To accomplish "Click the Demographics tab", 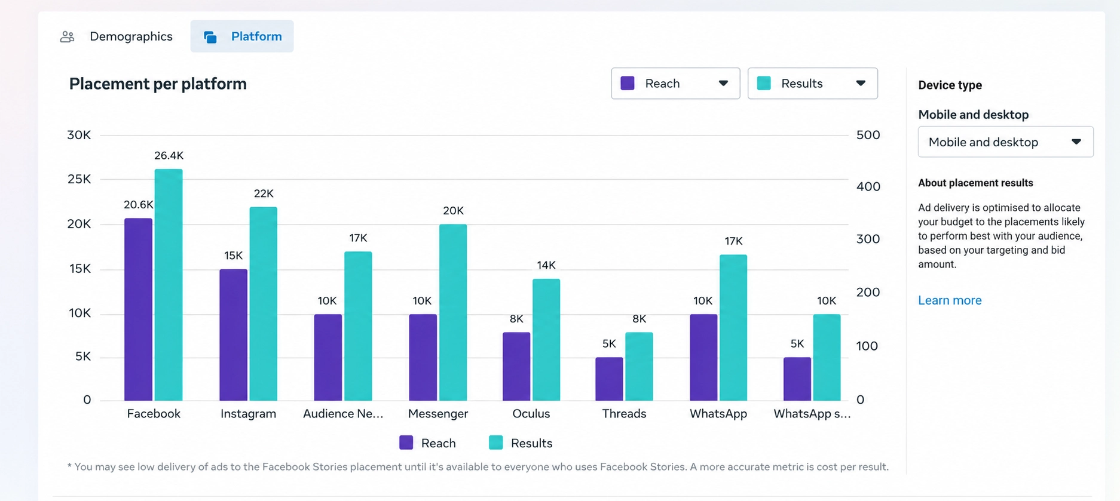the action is (x=117, y=36).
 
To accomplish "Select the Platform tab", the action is (x=242, y=36).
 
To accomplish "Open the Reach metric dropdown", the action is (x=675, y=84).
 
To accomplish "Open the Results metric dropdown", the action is (x=812, y=84).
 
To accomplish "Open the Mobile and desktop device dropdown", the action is (x=1005, y=142).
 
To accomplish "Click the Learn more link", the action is (x=950, y=300).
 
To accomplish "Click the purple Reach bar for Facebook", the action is (x=138, y=309).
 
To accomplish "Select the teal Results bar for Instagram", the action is (x=264, y=304).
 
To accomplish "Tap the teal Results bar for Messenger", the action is (x=453, y=312).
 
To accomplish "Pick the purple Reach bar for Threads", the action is (x=609, y=379).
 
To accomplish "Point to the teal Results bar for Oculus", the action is (x=546, y=340).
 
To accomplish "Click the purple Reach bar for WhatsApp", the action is (x=703, y=358).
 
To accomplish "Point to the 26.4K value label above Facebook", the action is (x=169, y=156).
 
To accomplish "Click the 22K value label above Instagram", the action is (x=264, y=193).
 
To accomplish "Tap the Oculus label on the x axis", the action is (x=531, y=414).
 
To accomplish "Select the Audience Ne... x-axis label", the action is (x=343, y=414).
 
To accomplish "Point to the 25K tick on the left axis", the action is (x=79, y=179).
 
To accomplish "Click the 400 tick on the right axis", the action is (x=868, y=186).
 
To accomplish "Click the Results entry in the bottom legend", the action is (x=521, y=443).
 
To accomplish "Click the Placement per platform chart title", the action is (x=158, y=84).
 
